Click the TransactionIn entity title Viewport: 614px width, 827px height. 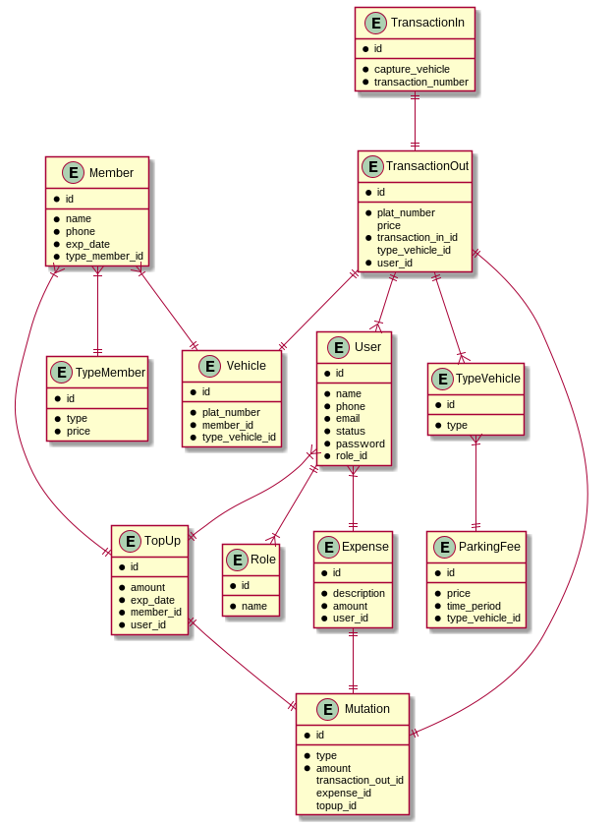[427, 23]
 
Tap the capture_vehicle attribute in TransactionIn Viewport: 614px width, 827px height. [412, 69]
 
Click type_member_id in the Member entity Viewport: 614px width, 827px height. [104, 257]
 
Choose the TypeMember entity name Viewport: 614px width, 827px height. [110, 372]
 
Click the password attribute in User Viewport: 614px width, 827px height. [360, 443]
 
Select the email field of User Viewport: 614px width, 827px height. [349, 419]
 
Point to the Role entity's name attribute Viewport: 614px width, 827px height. [253, 606]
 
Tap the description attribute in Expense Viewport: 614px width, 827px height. [359, 593]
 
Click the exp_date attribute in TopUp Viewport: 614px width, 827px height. [152, 600]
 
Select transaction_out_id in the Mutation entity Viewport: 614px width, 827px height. [360, 780]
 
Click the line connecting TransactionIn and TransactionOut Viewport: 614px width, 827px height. [416, 120]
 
